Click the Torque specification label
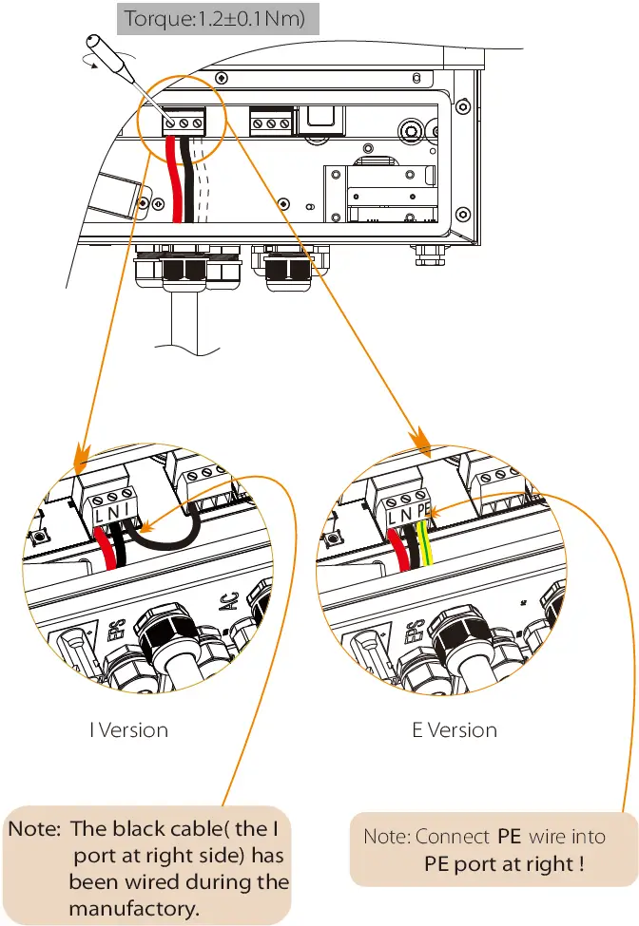(214, 18)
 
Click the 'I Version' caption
(128, 730)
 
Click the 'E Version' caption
(455, 730)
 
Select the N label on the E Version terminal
(409, 514)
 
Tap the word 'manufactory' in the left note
(134, 908)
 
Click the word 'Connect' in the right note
(453, 837)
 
